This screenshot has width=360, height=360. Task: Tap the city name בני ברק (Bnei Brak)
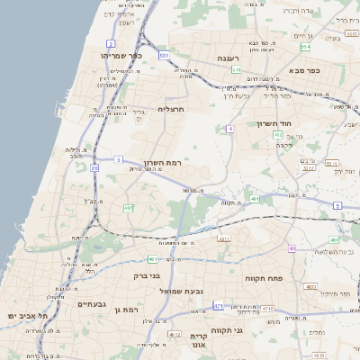(147, 275)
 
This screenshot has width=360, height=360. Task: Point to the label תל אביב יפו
(26, 317)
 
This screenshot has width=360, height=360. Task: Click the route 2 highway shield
(111, 42)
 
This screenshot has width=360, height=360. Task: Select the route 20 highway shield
(94, 167)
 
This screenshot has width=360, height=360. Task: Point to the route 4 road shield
(230, 129)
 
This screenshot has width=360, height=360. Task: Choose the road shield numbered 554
(306, 46)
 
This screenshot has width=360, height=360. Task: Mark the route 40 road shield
(292, 247)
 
